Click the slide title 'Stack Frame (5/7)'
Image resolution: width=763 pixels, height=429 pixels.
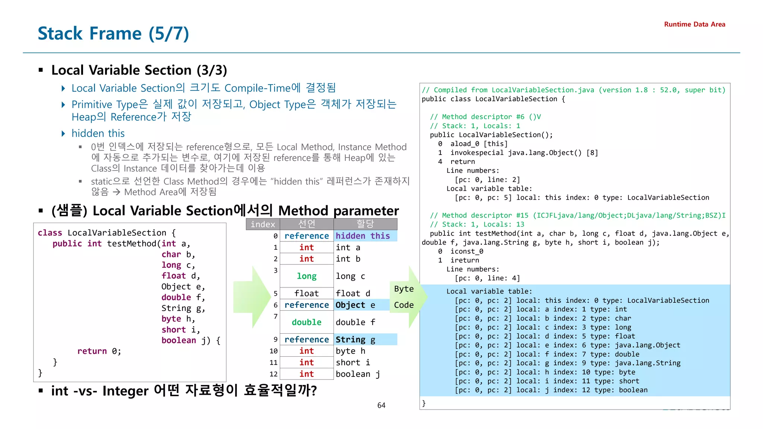coord(113,34)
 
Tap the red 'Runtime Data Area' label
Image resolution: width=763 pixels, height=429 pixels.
coord(694,24)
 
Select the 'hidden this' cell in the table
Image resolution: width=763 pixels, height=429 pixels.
coord(362,236)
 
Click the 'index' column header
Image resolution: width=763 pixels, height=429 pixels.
coord(263,224)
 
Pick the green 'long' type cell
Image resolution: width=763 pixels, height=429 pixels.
coord(307,276)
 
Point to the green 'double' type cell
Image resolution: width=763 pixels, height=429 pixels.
coord(306,322)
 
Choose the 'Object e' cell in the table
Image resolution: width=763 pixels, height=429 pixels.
coord(355,305)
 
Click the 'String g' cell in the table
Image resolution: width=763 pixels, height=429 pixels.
coord(355,339)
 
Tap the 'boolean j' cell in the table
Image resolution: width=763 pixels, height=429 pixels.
coord(358,374)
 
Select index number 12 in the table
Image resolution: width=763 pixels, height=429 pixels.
coord(273,374)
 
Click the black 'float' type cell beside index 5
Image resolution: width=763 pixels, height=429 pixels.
coord(306,293)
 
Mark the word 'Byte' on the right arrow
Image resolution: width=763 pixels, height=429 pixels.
coord(404,289)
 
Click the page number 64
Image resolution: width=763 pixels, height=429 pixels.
coord(381,405)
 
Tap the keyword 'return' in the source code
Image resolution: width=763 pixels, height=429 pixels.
coord(92,351)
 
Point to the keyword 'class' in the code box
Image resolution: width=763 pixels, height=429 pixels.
coord(50,233)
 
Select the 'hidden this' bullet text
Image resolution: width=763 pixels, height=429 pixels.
coord(98,133)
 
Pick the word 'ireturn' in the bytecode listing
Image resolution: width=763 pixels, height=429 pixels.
coord(465,260)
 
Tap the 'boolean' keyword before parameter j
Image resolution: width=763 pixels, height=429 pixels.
coord(178,340)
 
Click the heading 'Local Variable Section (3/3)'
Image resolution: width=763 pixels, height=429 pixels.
coord(139,70)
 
